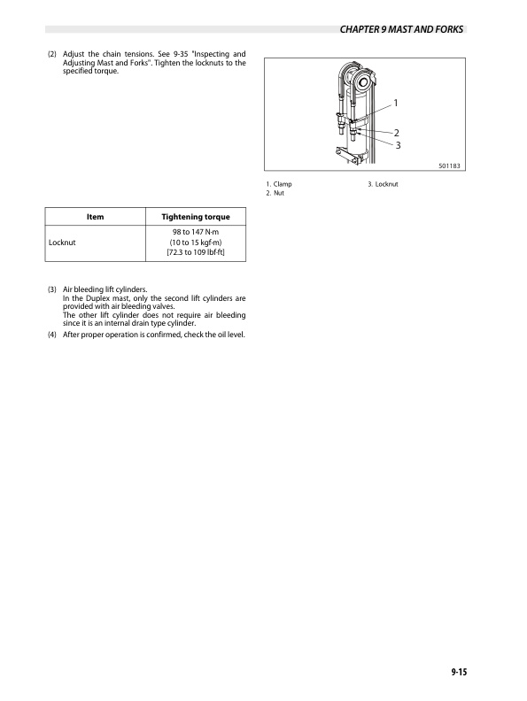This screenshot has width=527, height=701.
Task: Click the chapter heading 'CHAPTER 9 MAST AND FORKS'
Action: pos(402,30)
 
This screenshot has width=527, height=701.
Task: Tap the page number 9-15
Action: pos(458,674)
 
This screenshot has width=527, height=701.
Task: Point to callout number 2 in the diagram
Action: pos(396,133)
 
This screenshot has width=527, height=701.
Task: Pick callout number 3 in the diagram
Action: pos(399,144)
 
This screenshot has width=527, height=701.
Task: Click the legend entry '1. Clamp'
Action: pos(279,183)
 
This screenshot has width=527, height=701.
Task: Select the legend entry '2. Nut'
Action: pos(276,192)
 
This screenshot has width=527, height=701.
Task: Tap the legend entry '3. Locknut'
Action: pos(384,183)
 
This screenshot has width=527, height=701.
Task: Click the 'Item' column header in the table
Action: pos(95,218)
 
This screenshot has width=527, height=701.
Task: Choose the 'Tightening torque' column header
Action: pos(195,218)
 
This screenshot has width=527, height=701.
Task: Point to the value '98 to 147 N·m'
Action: pos(196,233)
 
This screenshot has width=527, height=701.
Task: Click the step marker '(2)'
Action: pos(52,55)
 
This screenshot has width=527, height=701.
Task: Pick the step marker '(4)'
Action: pos(52,335)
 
